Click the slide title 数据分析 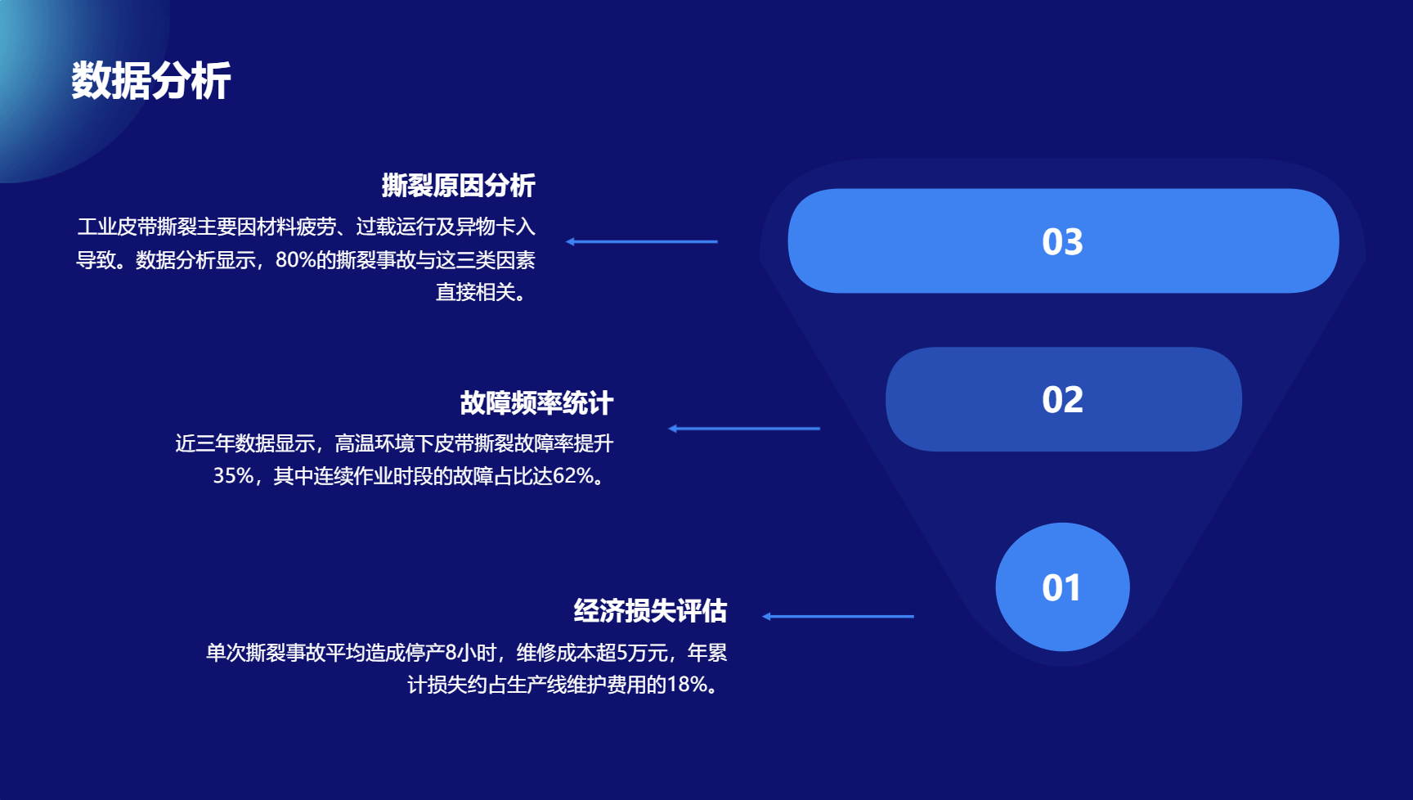151,81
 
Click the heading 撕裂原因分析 458,186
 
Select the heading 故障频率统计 536,402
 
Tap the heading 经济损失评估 650,610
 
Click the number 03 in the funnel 1062,241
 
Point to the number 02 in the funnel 1062,399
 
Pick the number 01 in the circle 1061,587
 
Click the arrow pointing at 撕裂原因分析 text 642,241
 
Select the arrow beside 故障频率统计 744,428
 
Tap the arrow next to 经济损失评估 838,616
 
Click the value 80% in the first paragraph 295,260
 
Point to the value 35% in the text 233,475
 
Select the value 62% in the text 573,475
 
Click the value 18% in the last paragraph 687,684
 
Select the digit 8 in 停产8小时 451,652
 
